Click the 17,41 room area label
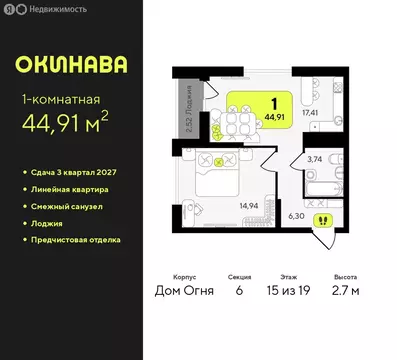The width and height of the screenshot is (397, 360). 310,112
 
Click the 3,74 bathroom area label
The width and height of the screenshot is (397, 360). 314,159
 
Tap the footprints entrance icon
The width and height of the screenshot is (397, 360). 323,220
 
